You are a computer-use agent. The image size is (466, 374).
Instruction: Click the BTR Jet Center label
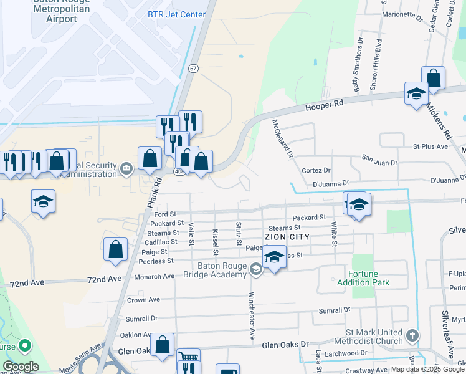(x=176, y=14)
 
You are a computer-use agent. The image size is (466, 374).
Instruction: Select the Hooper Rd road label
(x=324, y=105)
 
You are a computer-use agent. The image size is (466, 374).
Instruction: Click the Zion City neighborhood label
(x=287, y=237)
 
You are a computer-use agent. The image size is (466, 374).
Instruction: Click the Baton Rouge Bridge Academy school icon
(x=255, y=269)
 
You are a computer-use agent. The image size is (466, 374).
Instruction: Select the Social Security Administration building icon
(x=126, y=167)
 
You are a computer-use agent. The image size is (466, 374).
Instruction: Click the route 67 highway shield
(x=194, y=68)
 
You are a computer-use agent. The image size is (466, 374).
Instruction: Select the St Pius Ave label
(x=430, y=146)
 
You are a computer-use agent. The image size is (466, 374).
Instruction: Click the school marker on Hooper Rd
(x=416, y=93)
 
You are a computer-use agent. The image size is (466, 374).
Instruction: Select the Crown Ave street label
(x=141, y=300)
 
